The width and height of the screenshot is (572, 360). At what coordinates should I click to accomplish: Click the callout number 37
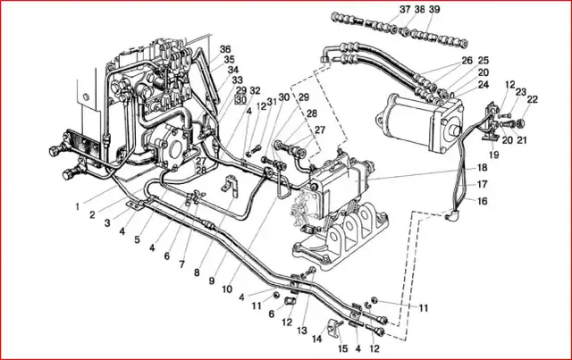[x=380, y=9]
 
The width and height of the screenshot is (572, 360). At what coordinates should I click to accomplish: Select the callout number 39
[x=409, y=9]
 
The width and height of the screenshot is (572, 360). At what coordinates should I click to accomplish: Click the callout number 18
[x=482, y=168]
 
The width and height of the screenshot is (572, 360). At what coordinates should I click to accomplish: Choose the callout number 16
[x=482, y=202]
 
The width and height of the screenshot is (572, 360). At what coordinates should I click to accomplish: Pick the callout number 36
[x=225, y=49]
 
